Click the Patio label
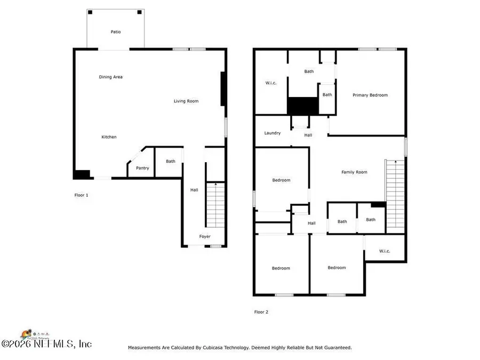click(x=116, y=32)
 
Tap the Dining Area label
click(x=111, y=77)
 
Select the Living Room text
click(x=186, y=101)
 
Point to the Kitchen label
click(x=109, y=137)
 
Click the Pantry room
click(x=142, y=168)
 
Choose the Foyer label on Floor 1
click(x=205, y=236)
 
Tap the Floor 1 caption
click(x=81, y=195)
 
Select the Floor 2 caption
click(x=261, y=312)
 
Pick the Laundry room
click(x=273, y=133)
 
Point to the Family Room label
click(x=354, y=172)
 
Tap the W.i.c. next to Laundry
click(x=270, y=83)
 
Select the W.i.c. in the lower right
click(x=385, y=250)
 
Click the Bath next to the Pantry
click(x=170, y=161)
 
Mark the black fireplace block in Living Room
click(x=224, y=89)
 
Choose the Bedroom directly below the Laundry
click(x=282, y=180)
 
